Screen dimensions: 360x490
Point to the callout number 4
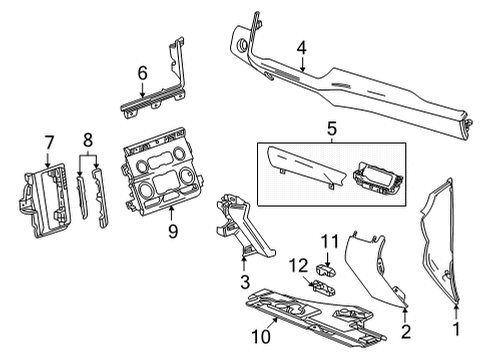301,47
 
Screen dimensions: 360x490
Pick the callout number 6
142,72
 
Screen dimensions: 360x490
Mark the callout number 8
88,139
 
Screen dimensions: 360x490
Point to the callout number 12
297,265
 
